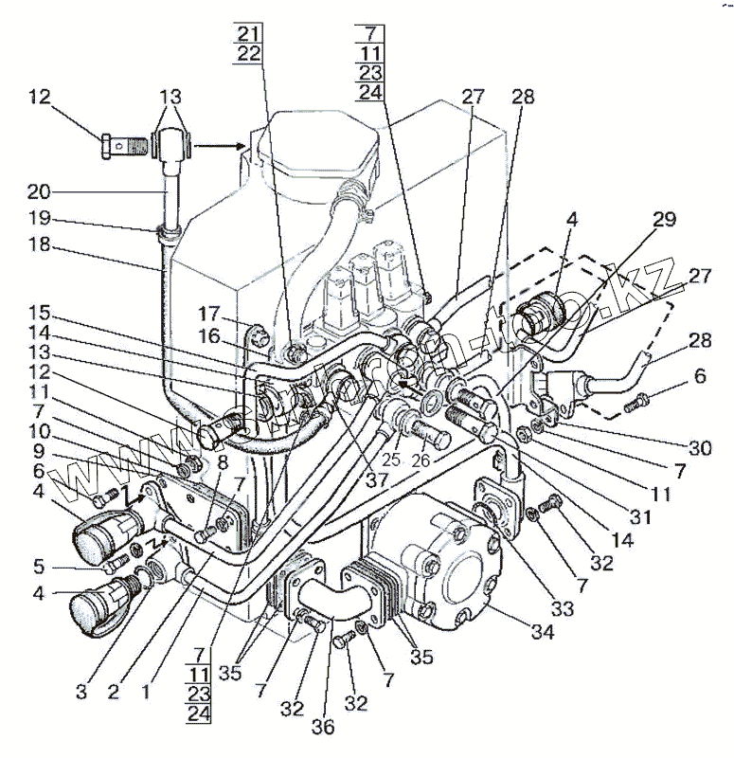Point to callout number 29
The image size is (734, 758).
click(662, 220)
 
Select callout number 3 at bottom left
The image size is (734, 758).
click(82, 692)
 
